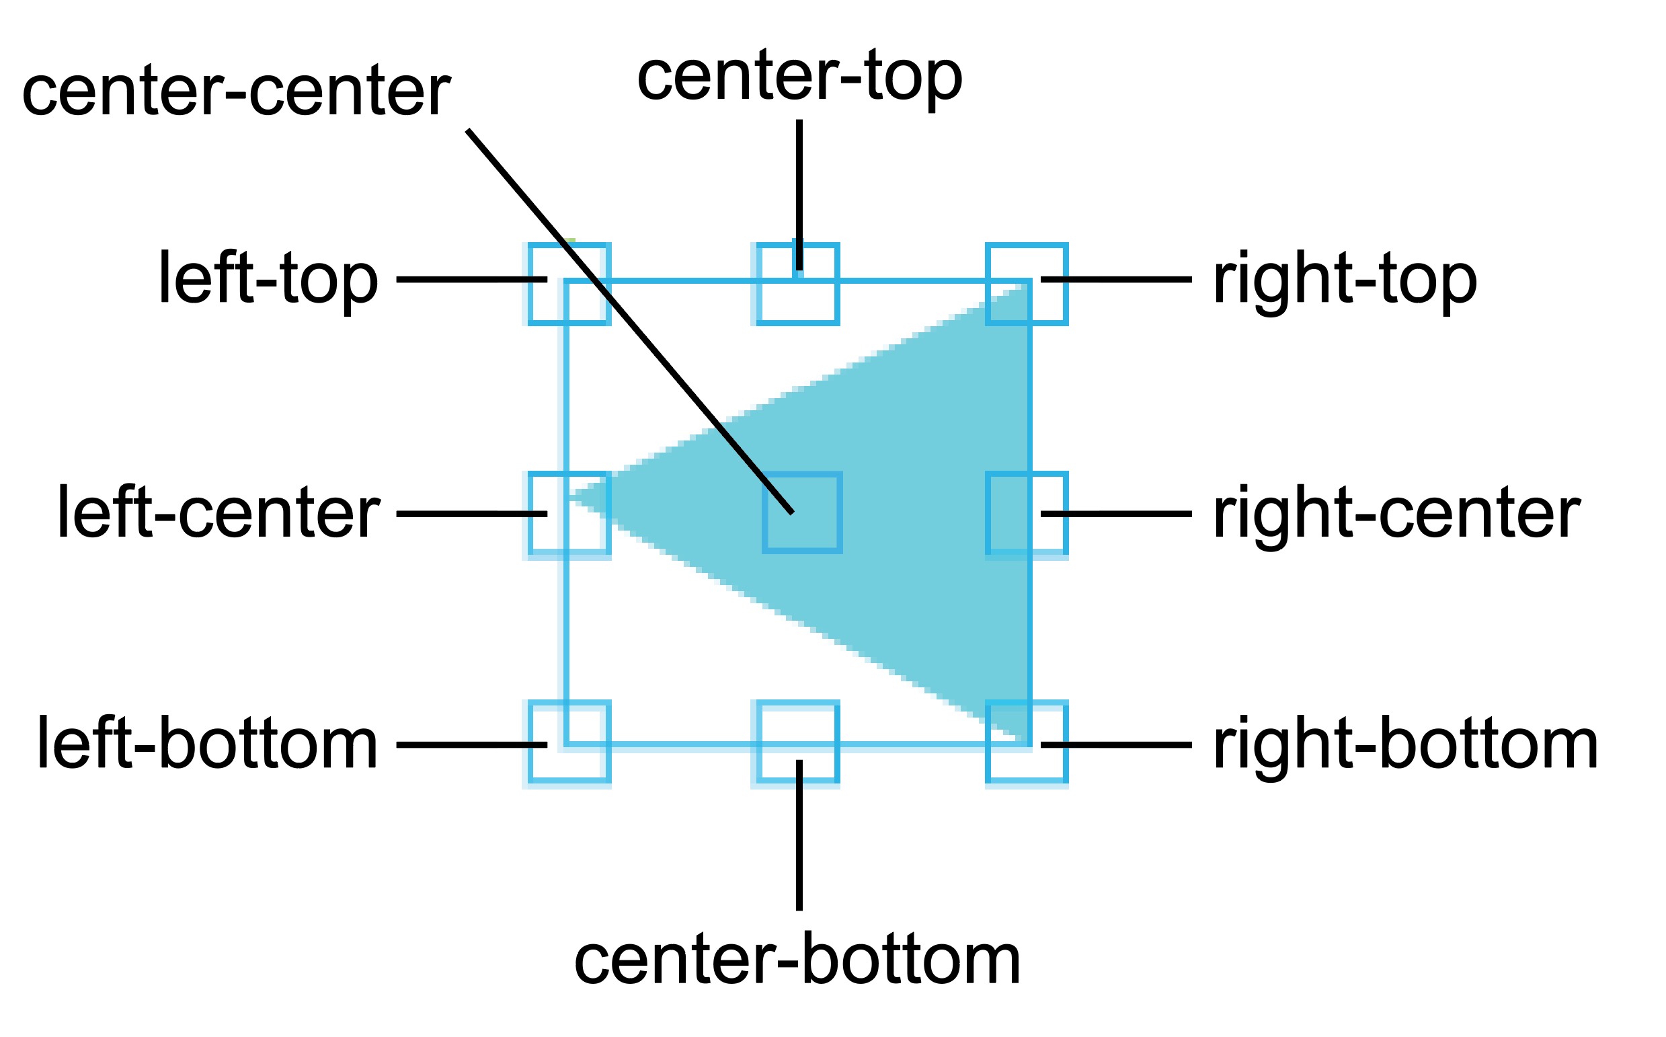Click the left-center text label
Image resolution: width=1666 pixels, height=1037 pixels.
point(218,513)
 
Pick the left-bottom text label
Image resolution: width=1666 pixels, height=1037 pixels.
point(207,745)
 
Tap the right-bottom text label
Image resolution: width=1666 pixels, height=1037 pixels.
point(1405,746)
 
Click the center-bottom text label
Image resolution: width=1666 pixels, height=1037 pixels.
point(797,960)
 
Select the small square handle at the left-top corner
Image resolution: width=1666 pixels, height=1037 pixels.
point(568,283)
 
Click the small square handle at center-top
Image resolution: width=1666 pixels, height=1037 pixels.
point(798,283)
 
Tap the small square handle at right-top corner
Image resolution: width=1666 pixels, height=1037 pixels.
point(1027,283)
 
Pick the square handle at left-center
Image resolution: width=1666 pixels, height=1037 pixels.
point(568,513)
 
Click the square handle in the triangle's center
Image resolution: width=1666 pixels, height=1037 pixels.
point(801,513)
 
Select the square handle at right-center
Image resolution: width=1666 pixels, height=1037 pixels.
point(1027,513)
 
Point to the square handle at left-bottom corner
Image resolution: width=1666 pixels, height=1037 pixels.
point(568,742)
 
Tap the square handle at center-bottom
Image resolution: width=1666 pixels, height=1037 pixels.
point(798,742)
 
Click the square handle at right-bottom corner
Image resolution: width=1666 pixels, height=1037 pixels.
point(1027,742)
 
